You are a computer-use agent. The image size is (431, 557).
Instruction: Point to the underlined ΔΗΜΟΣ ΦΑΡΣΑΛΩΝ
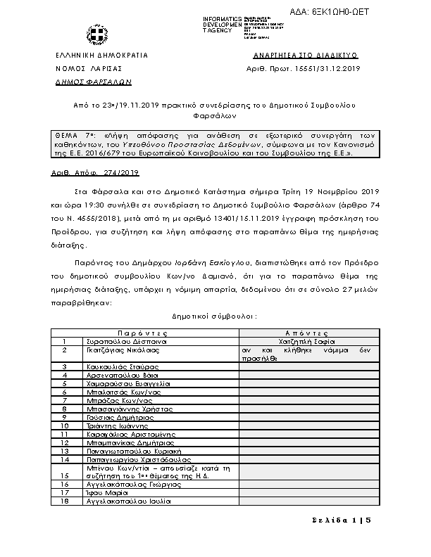pyautogui.click(x=83, y=82)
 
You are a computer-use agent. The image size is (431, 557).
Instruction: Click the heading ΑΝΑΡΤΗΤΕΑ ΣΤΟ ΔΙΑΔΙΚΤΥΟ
pyautogui.click(x=304, y=54)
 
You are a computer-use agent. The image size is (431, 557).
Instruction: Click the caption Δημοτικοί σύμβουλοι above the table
pyautogui.click(x=214, y=317)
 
